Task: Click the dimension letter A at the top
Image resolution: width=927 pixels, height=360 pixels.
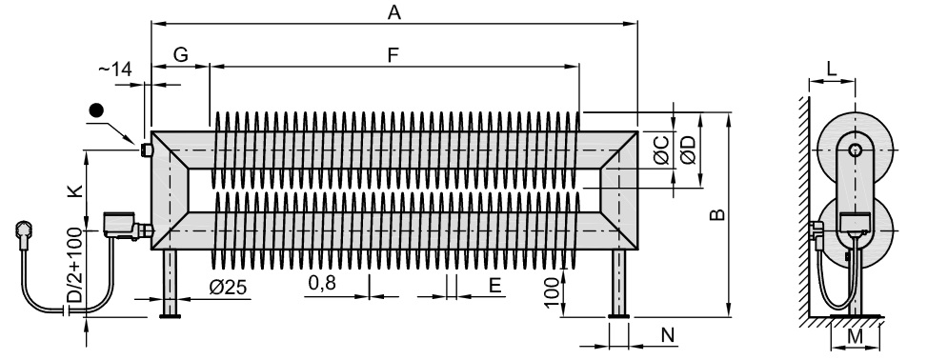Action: [x=393, y=12]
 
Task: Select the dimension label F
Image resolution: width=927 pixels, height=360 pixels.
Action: [x=393, y=55]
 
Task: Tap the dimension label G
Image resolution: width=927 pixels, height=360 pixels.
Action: [x=180, y=54]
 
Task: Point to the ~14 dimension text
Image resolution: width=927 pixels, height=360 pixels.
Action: [x=114, y=70]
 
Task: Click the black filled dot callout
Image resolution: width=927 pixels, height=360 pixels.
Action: [x=96, y=110]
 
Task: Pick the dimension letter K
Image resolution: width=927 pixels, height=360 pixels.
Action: [x=74, y=190]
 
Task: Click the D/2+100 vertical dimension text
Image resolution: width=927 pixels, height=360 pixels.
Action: [x=74, y=266]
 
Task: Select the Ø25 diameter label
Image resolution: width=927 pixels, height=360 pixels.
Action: [x=229, y=288]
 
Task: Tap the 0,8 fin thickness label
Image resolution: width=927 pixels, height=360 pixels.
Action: [x=322, y=283]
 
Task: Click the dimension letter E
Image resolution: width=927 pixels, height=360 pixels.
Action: [x=495, y=286]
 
